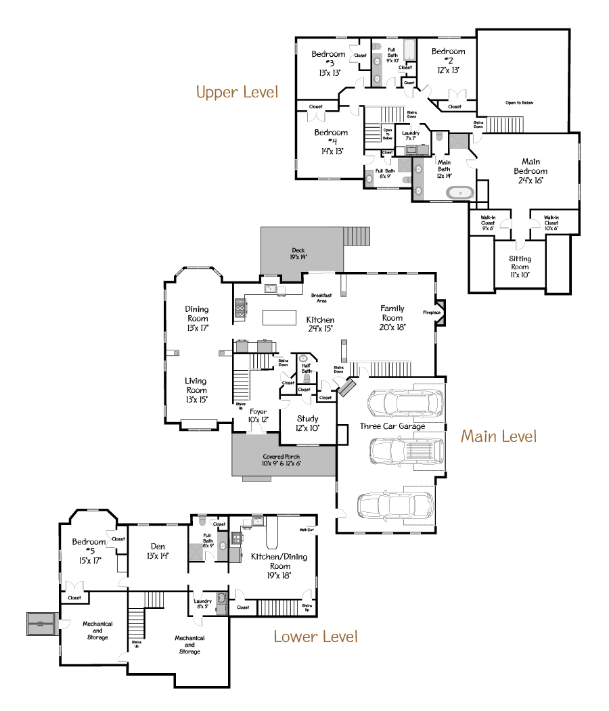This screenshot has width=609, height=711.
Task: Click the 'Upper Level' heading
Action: pyautogui.click(x=237, y=92)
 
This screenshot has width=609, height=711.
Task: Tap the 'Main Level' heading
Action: pyautogui.click(x=499, y=436)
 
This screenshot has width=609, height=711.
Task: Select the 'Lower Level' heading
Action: pyautogui.click(x=315, y=636)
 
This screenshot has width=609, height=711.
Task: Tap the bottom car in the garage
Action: pyautogui.click(x=395, y=504)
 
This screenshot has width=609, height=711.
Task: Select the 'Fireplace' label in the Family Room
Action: pyautogui.click(x=432, y=313)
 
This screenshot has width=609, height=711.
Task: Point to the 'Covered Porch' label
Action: pyautogui.click(x=281, y=460)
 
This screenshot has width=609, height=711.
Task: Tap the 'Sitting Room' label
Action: pyautogui.click(x=520, y=262)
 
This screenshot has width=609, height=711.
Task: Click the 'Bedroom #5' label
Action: pyautogui.click(x=89, y=546)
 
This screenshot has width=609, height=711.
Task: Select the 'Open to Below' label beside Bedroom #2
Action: pyautogui.click(x=519, y=103)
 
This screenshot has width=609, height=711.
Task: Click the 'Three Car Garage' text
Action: pyautogui.click(x=392, y=426)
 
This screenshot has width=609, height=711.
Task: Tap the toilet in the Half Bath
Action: pyautogui.click(x=306, y=380)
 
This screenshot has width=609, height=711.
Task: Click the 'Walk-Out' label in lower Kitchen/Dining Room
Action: pyautogui.click(x=306, y=529)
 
